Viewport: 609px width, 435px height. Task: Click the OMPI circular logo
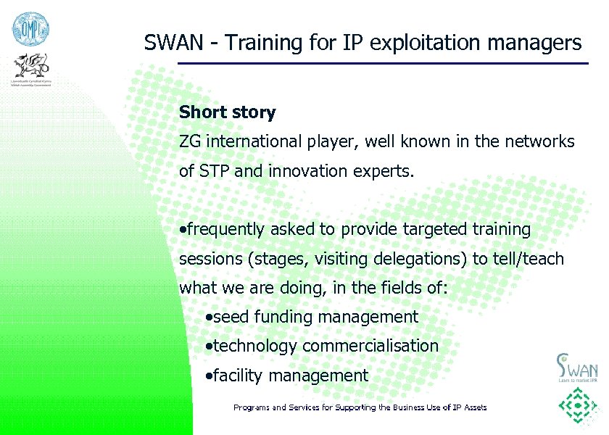28,29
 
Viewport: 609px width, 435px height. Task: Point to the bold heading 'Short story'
227,112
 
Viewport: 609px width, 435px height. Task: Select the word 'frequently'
226,230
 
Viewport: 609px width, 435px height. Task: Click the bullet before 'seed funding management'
209,318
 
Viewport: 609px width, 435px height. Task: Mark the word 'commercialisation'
370,346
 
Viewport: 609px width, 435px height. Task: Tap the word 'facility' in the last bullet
238,376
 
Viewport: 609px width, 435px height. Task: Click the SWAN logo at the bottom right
576,367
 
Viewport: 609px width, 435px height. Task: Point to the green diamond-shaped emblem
577,407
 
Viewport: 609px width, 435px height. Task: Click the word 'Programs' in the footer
251,407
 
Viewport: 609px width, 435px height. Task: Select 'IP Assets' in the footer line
468,407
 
